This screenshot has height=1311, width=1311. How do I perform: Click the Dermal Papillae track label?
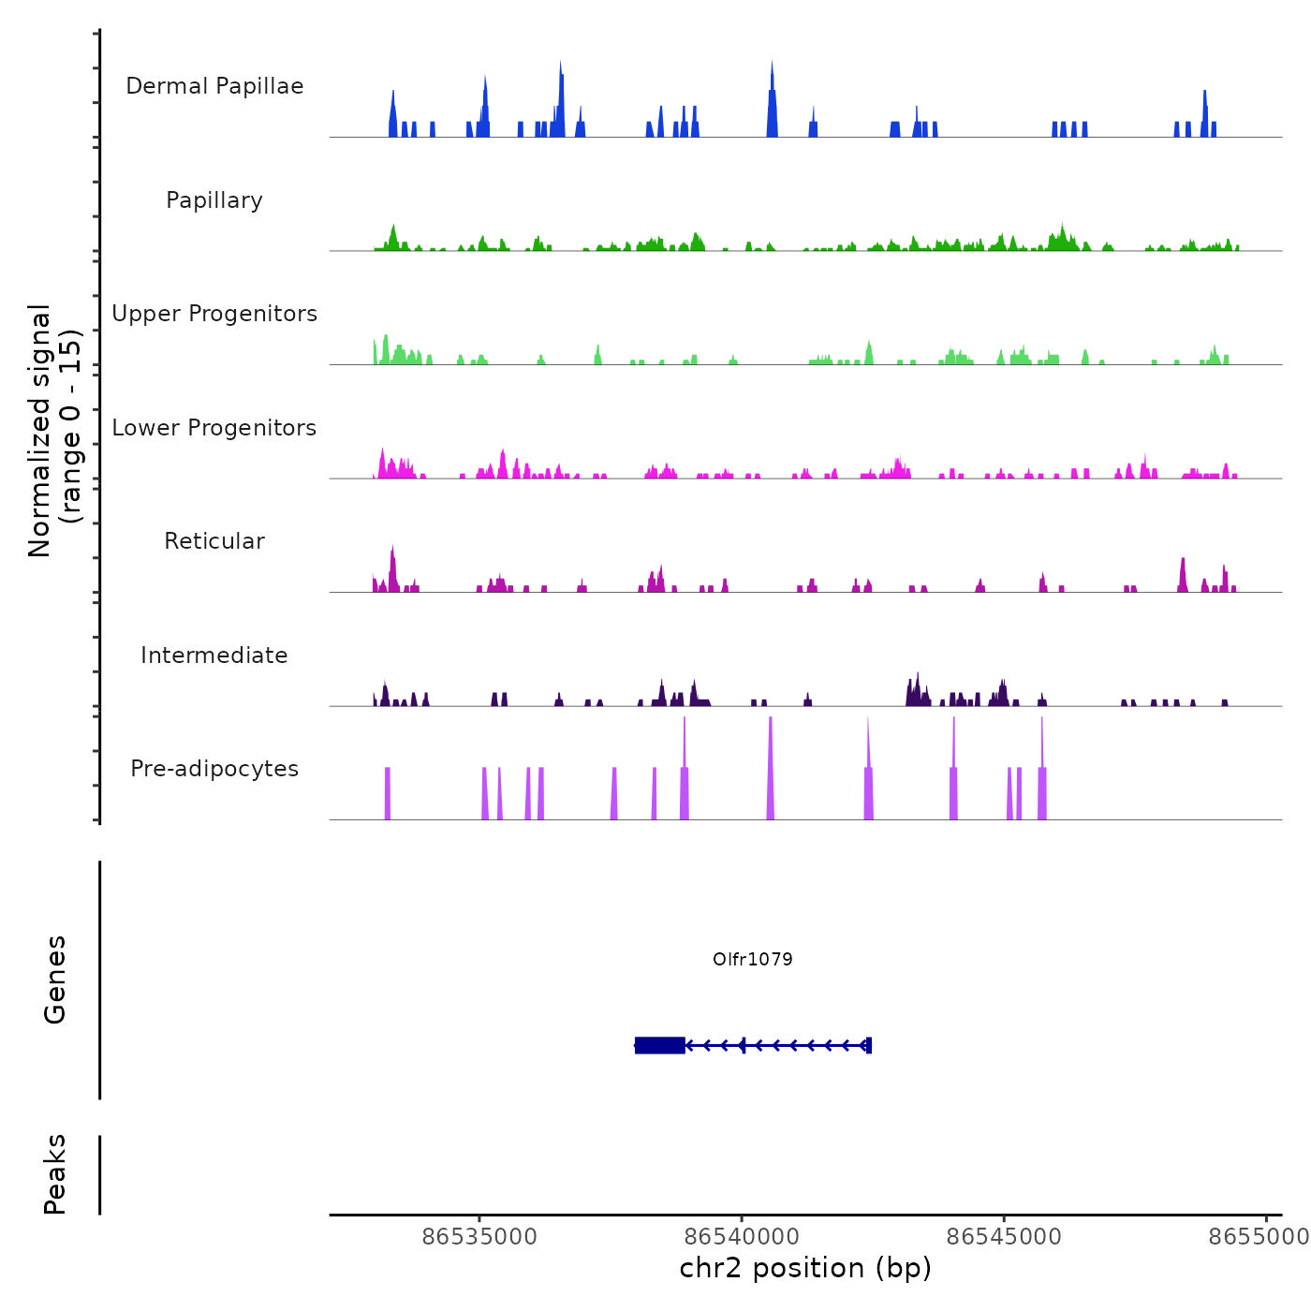coord(214,86)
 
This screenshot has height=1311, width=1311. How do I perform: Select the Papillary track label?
coord(214,200)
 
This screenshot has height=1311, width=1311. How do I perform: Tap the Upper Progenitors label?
coord(214,314)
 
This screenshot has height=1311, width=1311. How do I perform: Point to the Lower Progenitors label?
coord(214,428)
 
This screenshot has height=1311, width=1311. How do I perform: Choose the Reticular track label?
coord(214,541)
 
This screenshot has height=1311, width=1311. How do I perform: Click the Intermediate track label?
coord(214,655)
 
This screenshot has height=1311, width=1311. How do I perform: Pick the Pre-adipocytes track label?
coord(214,769)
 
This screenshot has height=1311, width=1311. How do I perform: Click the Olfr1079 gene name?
coord(752,959)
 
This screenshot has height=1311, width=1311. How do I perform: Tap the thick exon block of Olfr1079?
coord(659,1045)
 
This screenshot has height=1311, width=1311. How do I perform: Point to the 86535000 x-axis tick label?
coord(479,1237)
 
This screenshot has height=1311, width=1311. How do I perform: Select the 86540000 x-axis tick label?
coord(742,1237)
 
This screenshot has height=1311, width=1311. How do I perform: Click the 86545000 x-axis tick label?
coord(1004,1237)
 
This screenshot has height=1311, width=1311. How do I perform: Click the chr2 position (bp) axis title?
coord(805,1269)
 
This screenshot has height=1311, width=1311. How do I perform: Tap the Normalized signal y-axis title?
coord(54,431)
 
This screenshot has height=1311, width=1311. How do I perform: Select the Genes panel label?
coord(55,980)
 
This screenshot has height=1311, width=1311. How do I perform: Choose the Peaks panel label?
coord(55,1174)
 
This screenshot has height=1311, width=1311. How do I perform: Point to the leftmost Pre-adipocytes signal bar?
coord(388,793)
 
